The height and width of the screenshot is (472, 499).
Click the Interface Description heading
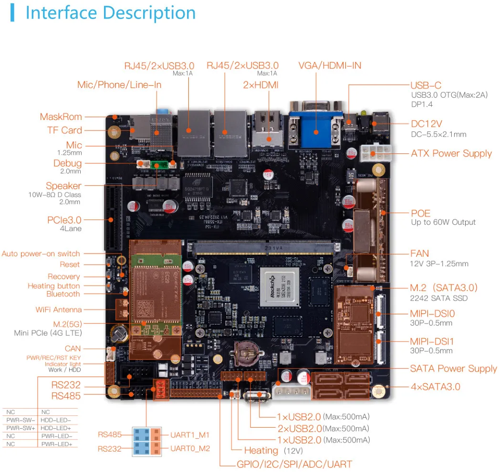[x=110, y=13]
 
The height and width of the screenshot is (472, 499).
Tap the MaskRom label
[x=61, y=117]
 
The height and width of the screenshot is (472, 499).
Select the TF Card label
[x=64, y=130]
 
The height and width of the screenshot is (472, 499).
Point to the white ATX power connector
[x=375, y=153]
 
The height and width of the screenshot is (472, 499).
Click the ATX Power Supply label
[x=451, y=153]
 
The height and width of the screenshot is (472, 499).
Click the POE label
[x=420, y=213]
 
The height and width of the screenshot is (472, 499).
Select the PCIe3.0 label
[x=64, y=220]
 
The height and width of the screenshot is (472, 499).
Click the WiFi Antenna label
[x=59, y=310]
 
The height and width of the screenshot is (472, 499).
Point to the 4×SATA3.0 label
[x=435, y=386]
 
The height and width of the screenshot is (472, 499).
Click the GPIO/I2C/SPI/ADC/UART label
[x=294, y=464]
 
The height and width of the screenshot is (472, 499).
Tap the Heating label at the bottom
[x=261, y=450]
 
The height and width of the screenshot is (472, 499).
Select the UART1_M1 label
[x=190, y=434]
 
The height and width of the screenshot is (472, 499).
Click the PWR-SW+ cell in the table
[x=19, y=428]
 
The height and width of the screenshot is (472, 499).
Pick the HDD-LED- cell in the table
[x=56, y=420]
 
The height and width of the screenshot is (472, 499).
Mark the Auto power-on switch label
[x=41, y=253]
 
